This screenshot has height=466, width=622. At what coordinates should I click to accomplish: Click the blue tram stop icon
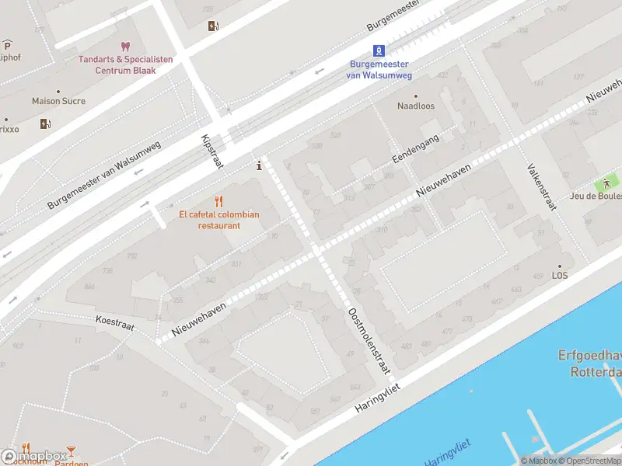(379, 50)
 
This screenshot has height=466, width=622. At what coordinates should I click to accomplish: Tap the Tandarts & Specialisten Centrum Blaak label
(125, 65)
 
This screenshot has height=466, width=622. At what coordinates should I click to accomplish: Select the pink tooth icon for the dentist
(125, 47)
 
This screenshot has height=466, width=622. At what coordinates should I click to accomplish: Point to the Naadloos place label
(416, 106)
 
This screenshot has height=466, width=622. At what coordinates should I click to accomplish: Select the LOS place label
(560, 276)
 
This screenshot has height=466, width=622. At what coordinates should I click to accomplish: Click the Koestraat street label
(115, 324)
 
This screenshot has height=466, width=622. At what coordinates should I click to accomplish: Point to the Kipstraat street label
(212, 151)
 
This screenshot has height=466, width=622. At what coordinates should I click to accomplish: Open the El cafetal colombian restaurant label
(218, 220)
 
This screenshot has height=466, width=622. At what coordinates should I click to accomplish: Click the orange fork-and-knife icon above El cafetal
(219, 201)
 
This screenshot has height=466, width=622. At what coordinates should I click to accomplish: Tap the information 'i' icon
(259, 165)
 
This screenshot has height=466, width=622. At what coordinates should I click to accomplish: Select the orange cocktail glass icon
(71, 450)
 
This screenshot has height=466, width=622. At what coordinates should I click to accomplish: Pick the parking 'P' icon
(7, 43)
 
